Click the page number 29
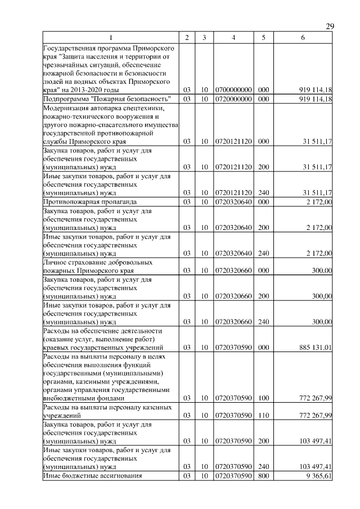coord(330,26)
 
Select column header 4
coord(233,38)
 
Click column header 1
coord(110,38)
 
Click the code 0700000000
coord(233,89)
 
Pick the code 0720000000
coord(233,100)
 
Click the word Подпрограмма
coord(66,100)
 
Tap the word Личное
coord(56,262)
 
